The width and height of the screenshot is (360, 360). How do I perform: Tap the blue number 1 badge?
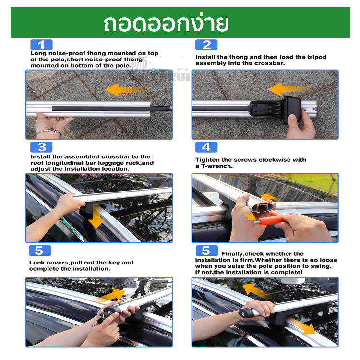tap(41, 45)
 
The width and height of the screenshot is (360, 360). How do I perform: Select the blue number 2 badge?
tap(206, 45)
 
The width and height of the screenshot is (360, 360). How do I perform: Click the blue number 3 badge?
tap(41, 147)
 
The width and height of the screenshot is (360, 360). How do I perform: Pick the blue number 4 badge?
tap(206, 147)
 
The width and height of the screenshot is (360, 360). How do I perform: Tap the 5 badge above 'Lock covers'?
tap(39, 251)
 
